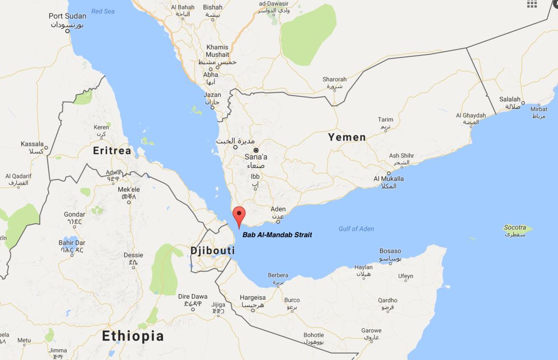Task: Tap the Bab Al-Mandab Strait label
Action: pyautogui.click(x=277, y=235)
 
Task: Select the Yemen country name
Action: pyautogui.click(x=347, y=137)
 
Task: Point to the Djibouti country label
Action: pyautogui.click(x=212, y=251)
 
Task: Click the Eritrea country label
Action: pyautogui.click(x=112, y=151)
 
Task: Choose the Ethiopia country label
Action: pyautogui.click(x=133, y=336)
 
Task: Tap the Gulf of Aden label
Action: pyautogui.click(x=356, y=229)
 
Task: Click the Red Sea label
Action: pyautogui.click(x=103, y=11)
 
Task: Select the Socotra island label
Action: pyautogui.click(x=515, y=228)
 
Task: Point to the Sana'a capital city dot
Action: pyautogui.click(x=256, y=150)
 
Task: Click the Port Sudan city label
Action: pyautogui.click(x=67, y=16)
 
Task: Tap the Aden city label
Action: pyautogui.click(x=278, y=209)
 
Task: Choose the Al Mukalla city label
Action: pyautogui.click(x=388, y=179)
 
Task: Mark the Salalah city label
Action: pyautogui.click(x=510, y=99)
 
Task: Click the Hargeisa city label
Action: pyautogui.click(x=252, y=297)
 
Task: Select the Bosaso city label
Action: pyautogui.click(x=390, y=251)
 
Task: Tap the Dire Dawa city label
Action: pyautogui.click(x=193, y=296)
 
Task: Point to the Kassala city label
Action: pyautogui.click(x=32, y=144)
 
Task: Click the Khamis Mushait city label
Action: pyautogui.click(x=218, y=51)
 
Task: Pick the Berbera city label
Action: pyautogui.click(x=278, y=275)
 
